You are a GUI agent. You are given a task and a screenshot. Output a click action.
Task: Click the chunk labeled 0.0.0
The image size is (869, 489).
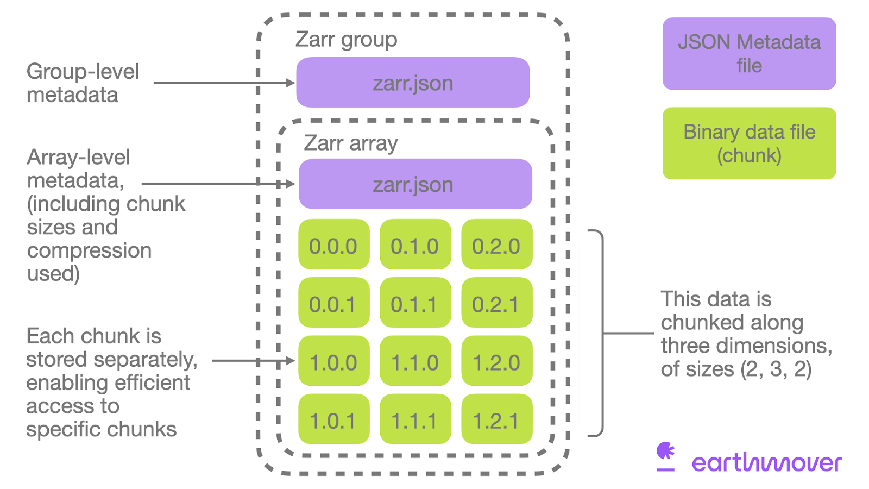tap(333, 245)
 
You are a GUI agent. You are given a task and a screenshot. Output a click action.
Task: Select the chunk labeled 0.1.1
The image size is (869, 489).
tap(415, 303)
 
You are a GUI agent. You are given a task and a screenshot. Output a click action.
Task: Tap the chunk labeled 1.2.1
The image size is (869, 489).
tap(496, 419)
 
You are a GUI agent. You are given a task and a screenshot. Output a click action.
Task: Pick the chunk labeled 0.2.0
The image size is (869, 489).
tap(496, 245)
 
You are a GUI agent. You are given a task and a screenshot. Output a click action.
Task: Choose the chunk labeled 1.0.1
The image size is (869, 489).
tap(333, 419)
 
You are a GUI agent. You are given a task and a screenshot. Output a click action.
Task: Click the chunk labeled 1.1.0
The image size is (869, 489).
tap(415, 361)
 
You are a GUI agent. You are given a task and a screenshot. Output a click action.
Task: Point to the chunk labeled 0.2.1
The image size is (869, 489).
tap(496, 303)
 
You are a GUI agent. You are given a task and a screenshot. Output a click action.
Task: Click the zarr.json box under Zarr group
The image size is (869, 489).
tap(413, 83)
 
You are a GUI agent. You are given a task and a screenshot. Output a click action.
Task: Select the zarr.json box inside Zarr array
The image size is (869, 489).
tap(415, 184)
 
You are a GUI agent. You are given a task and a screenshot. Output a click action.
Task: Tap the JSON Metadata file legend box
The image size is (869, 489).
tap(749, 54)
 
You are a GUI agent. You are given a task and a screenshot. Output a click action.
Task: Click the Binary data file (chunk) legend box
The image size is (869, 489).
tap(749, 143)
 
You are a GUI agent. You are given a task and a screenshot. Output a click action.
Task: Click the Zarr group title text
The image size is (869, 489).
tap(346, 40)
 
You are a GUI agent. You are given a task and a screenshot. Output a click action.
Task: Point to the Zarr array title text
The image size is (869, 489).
tap(350, 143)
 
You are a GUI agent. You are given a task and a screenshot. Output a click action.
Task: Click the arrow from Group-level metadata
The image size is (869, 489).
tap(223, 83)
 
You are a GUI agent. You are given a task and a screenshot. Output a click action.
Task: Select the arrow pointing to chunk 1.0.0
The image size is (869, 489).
tap(253, 360)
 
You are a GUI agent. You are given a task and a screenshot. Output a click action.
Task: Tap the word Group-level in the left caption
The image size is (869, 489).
tap(83, 72)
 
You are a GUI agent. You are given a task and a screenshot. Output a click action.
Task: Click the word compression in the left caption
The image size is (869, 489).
tap(89, 250)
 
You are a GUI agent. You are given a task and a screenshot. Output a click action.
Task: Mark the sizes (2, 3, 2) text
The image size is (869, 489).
tap(776, 369)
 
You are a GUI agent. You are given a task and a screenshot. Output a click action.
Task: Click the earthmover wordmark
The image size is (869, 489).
tap(766, 462)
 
